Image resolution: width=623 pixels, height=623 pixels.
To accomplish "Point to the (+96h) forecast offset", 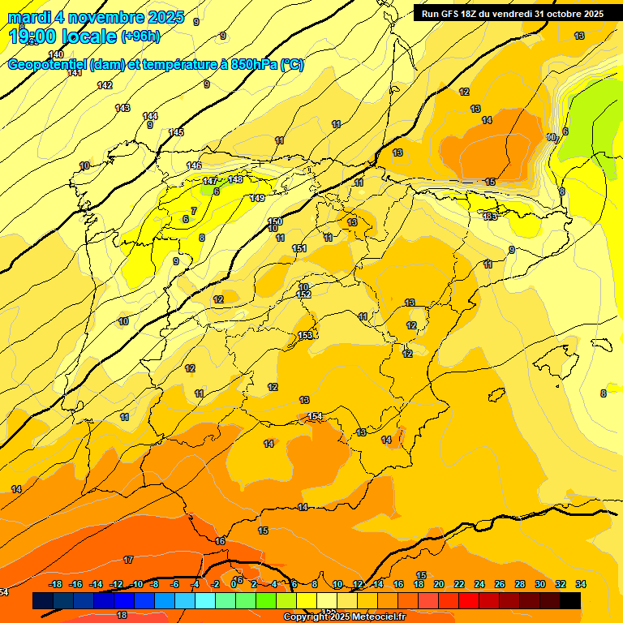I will click(x=140, y=37).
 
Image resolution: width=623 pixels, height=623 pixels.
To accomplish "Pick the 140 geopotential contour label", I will click(x=56, y=54).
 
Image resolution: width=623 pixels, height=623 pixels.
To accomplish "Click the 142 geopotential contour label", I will click(x=105, y=85).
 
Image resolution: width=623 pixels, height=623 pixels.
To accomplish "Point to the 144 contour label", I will click(x=150, y=116).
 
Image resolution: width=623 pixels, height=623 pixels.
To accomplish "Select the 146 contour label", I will click(x=194, y=165).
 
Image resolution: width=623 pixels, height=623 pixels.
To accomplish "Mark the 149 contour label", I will click(x=257, y=198).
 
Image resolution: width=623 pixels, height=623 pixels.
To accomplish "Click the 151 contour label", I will click(x=299, y=248).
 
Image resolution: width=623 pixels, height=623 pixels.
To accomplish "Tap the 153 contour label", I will click(x=306, y=335).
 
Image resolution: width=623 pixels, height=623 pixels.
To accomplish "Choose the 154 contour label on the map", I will click(x=316, y=416).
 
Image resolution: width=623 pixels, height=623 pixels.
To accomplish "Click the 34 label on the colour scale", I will click(x=581, y=584).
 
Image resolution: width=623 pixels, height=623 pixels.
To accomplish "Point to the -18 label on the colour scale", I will click(x=56, y=584).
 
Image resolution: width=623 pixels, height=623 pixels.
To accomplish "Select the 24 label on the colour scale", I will click(x=479, y=584).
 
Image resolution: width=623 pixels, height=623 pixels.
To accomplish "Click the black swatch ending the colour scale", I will click(x=570, y=600).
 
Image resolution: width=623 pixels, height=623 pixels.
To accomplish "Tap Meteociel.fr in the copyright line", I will click(x=376, y=617).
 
